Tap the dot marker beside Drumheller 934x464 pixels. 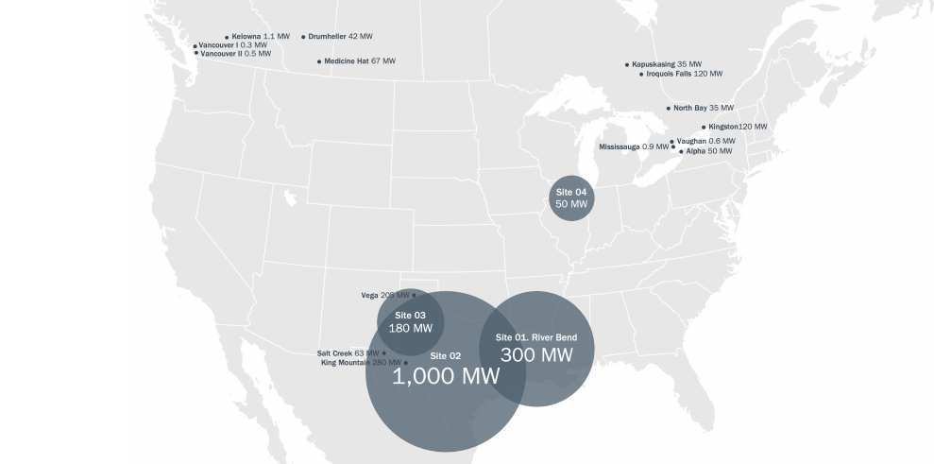(x=303, y=37)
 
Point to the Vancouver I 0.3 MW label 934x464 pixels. (x=232, y=45)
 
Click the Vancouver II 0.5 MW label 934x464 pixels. (x=235, y=54)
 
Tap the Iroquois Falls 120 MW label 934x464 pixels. (x=684, y=74)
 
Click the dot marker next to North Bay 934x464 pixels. (x=669, y=109)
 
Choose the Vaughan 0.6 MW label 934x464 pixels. (x=705, y=141)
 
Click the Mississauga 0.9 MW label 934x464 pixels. (x=633, y=147)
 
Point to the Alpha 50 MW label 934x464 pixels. (x=708, y=151)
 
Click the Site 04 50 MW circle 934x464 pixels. (x=571, y=198)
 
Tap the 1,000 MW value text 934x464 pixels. (x=446, y=376)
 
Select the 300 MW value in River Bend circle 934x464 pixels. (x=536, y=355)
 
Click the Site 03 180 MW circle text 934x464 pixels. (x=411, y=322)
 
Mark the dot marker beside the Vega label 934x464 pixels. (x=414, y=296)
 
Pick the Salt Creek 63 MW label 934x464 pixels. (x=348, y=353)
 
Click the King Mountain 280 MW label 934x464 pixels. (x=361, y=363)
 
